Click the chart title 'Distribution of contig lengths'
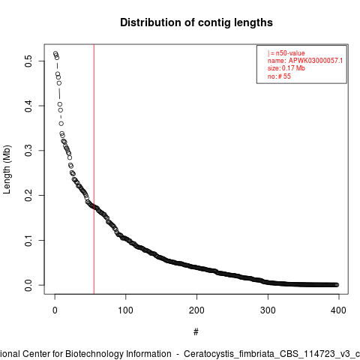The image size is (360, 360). pos(196,22)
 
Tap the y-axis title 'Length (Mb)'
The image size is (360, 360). pos(7,169)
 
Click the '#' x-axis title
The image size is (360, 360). pos(196,332)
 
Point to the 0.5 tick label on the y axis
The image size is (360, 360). pos(28,61)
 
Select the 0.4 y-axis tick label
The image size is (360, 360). pos(28,106)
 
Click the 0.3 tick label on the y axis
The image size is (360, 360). pos(28,151)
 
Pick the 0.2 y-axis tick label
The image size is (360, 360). pos(28,195)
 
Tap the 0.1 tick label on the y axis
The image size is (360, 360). pos(28,240)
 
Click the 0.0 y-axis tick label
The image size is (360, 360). pos(28,285)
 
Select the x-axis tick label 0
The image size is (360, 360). pos(55,310)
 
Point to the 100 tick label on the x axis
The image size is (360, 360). pos(125,310)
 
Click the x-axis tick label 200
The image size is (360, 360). pos(196,310)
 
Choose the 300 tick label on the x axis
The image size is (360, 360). pos(268,310)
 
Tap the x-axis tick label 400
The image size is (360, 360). pos(338,310)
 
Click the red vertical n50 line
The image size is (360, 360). pos(94,169)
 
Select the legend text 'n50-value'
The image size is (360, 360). pos(290,53)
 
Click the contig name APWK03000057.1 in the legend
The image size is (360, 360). pos(316,61)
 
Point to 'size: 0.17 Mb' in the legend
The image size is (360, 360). pos(286,68)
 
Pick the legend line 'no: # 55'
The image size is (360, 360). pos(279,76)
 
